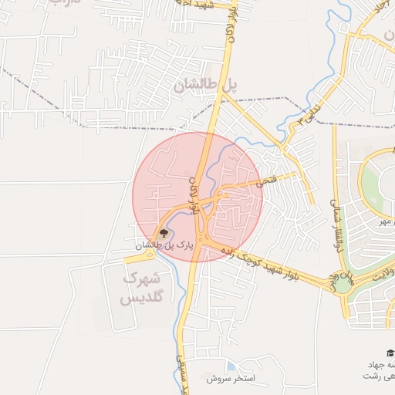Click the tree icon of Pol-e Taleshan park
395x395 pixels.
pyautogui.click(x=162, y=233)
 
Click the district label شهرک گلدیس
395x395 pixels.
pyautogui.click(x=143, y=287)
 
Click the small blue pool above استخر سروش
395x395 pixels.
pyautogui.click(x=231, y=366)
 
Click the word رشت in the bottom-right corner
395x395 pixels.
pyautogui.click(x=386, y=375)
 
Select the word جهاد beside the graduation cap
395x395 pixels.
pyautogui.click(x=380, y=363)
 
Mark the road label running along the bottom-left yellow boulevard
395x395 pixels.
pyautogui.click(x=181, y=363)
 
